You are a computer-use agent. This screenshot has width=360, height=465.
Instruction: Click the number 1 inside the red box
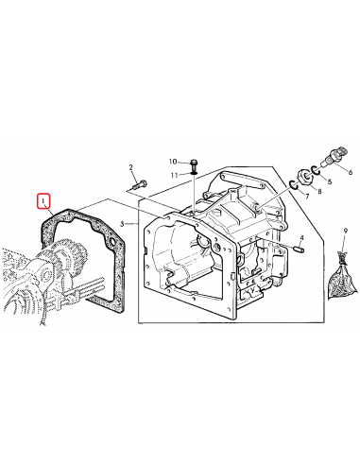tap(43, 200)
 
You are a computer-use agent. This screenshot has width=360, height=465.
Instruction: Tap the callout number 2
tap(131, 167)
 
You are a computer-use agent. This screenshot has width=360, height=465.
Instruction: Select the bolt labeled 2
tap(140, 184)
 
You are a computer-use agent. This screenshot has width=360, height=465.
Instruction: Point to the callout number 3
tap(122, 224)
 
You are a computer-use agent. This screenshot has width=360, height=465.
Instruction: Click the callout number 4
tap(301, 237)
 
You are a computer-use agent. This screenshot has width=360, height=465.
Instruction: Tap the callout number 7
tap(307, 197)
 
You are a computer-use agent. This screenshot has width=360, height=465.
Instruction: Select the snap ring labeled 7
tap(294, 185)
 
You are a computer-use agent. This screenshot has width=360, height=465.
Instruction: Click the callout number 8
tap(319, 191)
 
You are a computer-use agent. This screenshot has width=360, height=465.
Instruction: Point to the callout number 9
tap(346, 232)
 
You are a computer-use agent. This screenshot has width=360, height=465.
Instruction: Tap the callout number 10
tap(173, 162)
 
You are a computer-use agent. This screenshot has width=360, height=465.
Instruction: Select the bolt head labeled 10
tap(194, 164)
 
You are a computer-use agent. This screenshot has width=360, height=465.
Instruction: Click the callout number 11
tap(175, 175)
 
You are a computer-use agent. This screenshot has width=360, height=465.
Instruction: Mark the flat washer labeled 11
tap(194, 172)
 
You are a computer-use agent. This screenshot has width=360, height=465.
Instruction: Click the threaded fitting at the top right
tap(334, 157)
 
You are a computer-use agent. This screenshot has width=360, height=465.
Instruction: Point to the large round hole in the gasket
tap(111, 242)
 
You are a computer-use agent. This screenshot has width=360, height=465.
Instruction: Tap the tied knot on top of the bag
tap(342, 258)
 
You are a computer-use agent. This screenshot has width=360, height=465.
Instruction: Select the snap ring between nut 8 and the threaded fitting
tap(316, 170)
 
